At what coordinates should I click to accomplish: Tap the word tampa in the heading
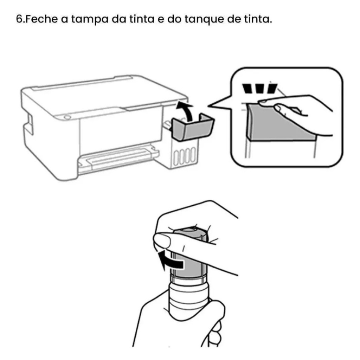pyautogui.click(x=90, y=20)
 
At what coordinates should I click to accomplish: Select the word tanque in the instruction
pyautogui.click(x=204, y=20)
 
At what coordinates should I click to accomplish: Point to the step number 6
pyautogui.click(x=19, y=19)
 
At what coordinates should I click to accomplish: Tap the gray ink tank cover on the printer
pyautogui.click(x=193, y=127)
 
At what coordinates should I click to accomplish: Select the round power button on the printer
pyautogui.click(x=67, y=117)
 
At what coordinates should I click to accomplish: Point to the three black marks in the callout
pyautogui.click(x=260, y=89)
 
